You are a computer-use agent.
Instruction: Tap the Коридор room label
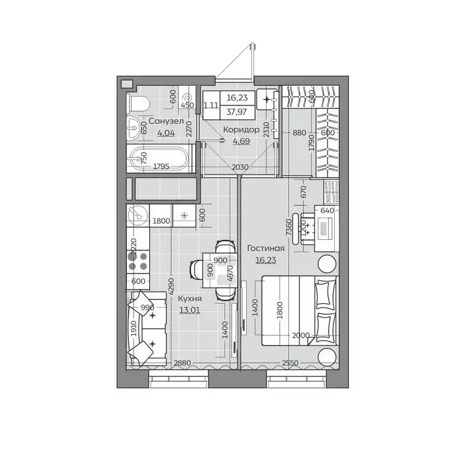[241, 130]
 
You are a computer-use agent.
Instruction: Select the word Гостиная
[266, 248]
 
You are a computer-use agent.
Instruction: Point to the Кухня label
[190, 298]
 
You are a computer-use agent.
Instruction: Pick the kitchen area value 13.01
[190, 311]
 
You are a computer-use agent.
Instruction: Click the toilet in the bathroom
[138, 104]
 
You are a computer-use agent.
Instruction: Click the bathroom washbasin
[134, 127]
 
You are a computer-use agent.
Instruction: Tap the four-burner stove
[138, 261]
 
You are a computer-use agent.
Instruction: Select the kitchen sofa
[147, 329]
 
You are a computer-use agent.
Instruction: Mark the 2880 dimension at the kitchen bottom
[182, 364]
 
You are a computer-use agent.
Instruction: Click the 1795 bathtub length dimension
[160, 166]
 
